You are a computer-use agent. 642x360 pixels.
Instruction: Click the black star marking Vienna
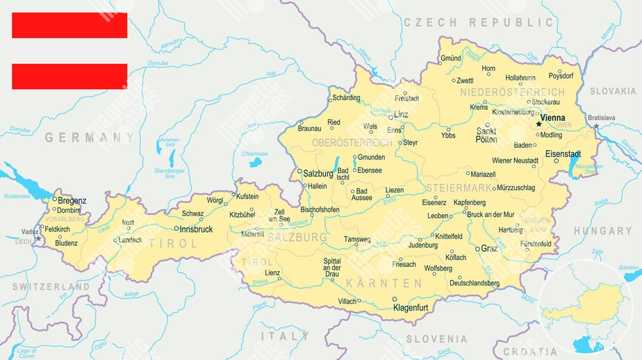pos(538,124)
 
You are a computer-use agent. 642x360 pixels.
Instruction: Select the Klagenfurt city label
pos(416,307)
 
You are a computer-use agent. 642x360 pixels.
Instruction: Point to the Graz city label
pos(489,248)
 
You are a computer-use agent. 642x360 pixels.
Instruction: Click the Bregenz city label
pos(72,201)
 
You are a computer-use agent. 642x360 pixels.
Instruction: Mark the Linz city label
pos(401,114)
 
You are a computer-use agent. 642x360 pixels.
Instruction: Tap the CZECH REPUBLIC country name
pos(479,22)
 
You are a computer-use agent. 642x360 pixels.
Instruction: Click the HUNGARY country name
pos(602,231)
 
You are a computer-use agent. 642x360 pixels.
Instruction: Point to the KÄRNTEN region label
pos(395,284)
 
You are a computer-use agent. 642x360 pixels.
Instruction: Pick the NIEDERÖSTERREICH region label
pos(513,92)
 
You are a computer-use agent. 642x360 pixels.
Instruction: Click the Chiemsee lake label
pos(254,154)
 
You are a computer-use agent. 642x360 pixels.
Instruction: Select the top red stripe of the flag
pos(69,25)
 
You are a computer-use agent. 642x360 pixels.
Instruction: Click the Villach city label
pos(347,301)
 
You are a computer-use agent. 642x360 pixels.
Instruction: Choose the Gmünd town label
pos(450,58)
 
